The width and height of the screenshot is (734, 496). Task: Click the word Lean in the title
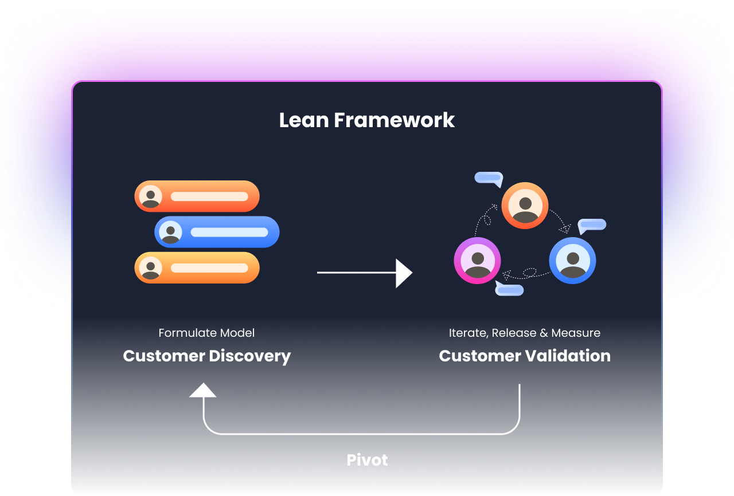click(304, 120)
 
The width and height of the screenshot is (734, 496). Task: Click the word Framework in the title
click(395, 120)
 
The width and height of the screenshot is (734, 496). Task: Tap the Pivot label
click(367, 460)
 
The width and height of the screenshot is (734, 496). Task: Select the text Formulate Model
click(206, 333)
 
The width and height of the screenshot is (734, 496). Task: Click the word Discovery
click(249, 356)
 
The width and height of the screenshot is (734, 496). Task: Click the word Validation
click(568, 356)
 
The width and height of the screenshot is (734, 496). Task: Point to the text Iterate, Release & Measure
click(524, 333)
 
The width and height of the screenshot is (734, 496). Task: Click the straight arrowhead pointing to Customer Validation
click(404, 273)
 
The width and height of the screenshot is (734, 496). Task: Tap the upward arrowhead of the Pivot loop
click(203, 391)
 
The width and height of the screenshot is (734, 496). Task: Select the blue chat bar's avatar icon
click(170, 232)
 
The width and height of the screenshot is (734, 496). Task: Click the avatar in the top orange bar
click(150, 196)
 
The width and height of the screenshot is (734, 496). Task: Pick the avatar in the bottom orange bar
click(150, 267)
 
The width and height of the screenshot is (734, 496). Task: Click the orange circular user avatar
click(525, 205)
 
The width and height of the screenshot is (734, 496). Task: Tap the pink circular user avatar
click(477, 260)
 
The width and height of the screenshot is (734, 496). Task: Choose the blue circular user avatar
click(572, 260)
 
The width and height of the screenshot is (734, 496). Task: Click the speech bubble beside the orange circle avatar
click(489, 179)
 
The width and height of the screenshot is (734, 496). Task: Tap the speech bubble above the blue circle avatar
click(592, 226)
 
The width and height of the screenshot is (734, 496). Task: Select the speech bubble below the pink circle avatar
click(509, 289)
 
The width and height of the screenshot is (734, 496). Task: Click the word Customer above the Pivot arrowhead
click(163, 356)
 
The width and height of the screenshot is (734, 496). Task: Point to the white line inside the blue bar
click(229, 232)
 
